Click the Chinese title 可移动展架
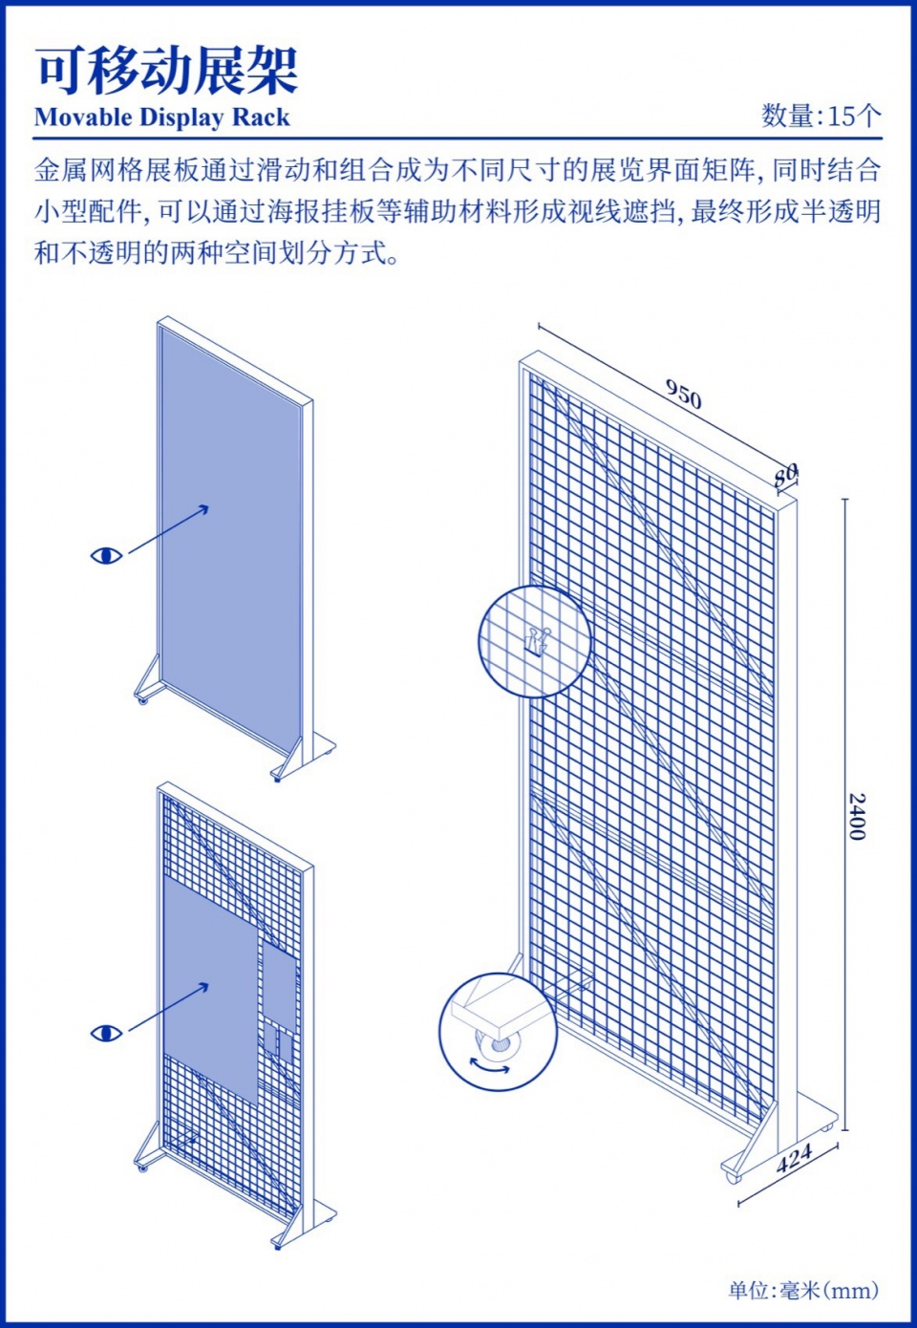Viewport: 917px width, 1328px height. click(166, 72)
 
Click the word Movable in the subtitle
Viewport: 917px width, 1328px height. click(83, 117)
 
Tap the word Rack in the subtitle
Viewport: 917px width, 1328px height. click(261, 117)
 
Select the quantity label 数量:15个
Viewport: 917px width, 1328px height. click(821, 116)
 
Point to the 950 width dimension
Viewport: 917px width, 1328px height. click(684, 394)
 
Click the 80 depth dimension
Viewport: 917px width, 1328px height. click(786, 475)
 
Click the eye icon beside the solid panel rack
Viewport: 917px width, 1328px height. click(106, 555)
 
